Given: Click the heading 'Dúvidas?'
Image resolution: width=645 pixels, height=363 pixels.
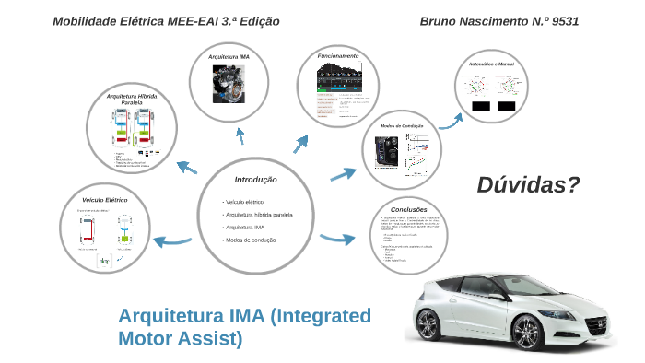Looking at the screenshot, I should tap(528, 185).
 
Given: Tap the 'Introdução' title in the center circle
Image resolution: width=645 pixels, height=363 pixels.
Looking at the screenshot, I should tap(255, 180).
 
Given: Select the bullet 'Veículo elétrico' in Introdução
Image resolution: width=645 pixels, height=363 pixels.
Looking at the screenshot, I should tap(244, 201).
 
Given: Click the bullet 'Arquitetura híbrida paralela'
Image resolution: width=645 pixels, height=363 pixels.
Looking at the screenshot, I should tap(259, 214).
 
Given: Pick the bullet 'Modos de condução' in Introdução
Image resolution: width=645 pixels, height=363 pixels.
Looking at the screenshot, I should tap(251, 240).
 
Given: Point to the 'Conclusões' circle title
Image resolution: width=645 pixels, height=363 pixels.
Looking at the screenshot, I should tap(408, 209).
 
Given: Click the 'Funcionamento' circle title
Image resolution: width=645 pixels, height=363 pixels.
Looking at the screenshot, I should tap(338, 56).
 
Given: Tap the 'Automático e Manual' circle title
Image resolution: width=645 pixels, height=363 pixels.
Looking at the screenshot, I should tap(491, 64).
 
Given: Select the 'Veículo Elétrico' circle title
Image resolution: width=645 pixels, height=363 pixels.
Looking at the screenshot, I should tap(105, 200).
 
